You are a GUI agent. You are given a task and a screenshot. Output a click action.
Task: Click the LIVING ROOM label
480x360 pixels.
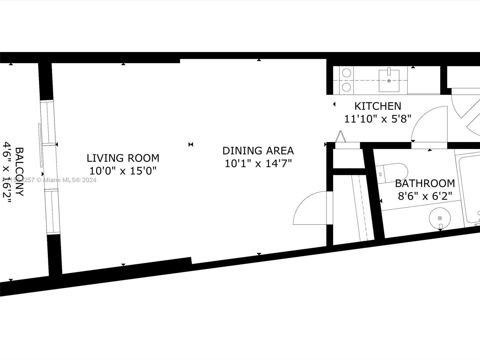123,158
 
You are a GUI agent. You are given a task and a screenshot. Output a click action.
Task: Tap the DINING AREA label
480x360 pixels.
258,151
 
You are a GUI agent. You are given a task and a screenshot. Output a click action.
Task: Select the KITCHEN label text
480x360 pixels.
377,106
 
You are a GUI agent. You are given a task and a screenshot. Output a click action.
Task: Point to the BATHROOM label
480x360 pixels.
425,183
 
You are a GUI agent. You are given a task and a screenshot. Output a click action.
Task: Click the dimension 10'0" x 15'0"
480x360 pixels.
123,171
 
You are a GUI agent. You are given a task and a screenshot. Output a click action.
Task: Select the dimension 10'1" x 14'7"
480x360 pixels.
258,163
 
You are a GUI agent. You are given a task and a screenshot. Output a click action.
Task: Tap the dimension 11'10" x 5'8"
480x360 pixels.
377,119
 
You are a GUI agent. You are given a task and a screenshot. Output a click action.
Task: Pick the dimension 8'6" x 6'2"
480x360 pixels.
425,196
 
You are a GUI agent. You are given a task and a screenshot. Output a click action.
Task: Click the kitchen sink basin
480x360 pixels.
389,80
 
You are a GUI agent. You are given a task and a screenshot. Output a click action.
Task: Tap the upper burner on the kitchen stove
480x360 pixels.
347,73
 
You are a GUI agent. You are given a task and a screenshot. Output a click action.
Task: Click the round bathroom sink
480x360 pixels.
440,218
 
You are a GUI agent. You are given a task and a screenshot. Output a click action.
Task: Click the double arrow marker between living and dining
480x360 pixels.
191,145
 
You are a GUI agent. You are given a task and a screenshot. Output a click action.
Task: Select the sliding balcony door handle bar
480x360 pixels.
40,145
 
